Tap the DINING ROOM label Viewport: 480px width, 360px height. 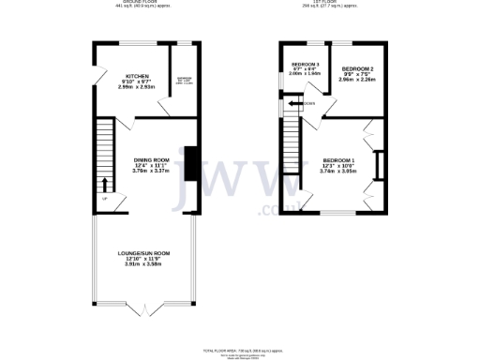click(x=150, y=160)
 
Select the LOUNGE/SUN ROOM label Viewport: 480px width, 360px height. click(x=143, y=253)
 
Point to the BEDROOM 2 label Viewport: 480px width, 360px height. click(x=357, y=69)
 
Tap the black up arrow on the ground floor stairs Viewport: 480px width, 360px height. click(x=104, y=185)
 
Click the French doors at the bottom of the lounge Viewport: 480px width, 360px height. click(x=143, y=306)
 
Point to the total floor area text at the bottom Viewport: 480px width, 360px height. click(x=240, y=349)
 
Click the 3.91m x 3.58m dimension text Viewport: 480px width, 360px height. click(x=143, y=265)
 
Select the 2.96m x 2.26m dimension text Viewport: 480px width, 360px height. click(x=357, y=81)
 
